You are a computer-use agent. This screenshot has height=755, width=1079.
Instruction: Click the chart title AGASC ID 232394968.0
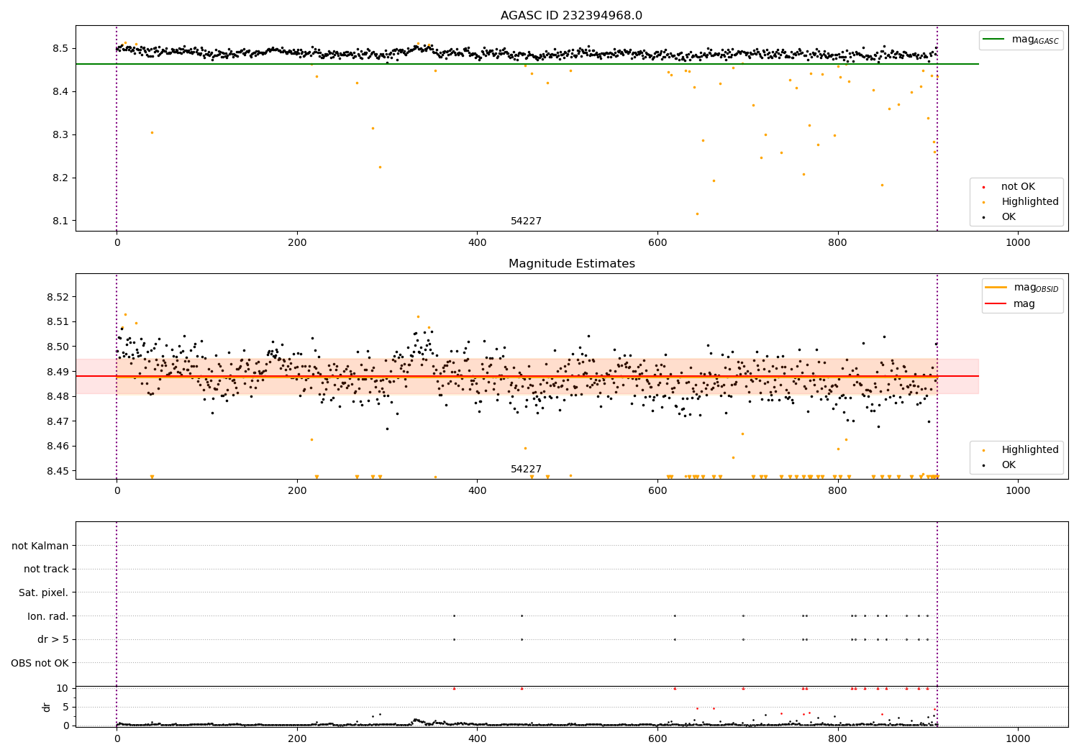click(571, 16)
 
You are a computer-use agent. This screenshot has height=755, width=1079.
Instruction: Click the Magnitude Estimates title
click(571, 264)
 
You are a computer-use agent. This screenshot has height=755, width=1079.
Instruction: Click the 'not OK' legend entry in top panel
click(1018, 187)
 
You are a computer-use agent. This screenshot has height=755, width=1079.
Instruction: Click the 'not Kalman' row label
click(40, 546)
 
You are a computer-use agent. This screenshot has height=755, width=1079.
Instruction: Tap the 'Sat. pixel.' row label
click(44, 592)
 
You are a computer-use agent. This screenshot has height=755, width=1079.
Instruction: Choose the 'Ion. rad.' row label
click(48, 616)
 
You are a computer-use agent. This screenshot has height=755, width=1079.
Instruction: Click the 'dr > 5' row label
click(53, 639)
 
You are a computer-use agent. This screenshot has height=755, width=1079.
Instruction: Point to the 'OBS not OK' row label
click(40, 663)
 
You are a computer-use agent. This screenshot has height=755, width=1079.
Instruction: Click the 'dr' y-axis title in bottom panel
click(47, 707)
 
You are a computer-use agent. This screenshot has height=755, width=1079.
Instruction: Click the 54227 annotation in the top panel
click(526, 221)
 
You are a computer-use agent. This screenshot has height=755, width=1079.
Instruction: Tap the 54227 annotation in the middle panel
click(526, 470)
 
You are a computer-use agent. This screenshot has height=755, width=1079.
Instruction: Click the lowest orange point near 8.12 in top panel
click(697, 214)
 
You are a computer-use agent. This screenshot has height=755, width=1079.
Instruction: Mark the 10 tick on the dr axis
click(62, 688)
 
